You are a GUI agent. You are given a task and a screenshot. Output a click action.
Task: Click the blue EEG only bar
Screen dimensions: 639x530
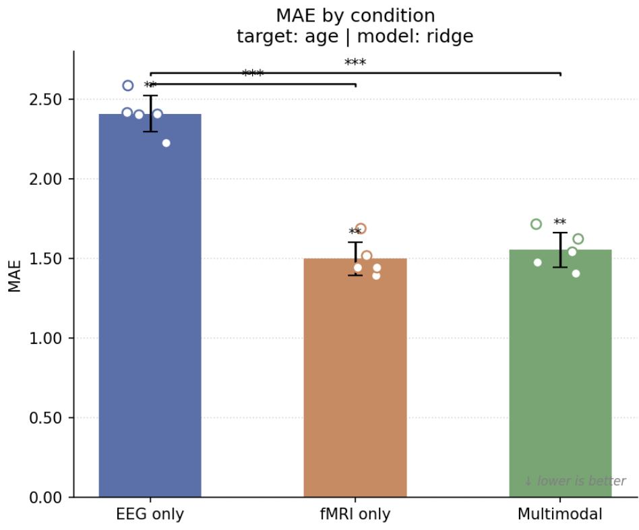150,305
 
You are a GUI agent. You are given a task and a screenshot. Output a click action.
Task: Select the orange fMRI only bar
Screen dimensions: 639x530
355,378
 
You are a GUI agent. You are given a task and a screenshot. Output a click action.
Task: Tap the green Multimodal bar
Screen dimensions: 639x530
560,373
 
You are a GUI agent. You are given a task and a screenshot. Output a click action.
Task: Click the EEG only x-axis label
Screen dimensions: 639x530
150,514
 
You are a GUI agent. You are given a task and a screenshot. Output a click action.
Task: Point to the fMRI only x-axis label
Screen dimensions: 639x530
355,514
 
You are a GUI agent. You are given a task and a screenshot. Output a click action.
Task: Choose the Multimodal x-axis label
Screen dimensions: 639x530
560,514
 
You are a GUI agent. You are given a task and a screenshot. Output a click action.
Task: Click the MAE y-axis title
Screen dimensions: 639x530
15,276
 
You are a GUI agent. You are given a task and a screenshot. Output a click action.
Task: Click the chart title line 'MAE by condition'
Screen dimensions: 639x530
355,16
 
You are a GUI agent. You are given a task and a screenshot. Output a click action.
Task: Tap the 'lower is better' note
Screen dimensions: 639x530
575,481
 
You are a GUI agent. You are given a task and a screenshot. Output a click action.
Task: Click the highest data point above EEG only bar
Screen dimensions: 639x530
128,85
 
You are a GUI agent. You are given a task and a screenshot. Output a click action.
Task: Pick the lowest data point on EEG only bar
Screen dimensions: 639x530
166,143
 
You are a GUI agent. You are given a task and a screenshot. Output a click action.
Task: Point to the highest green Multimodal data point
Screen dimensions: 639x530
537,224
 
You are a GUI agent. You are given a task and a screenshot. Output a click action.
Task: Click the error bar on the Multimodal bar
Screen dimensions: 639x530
560,250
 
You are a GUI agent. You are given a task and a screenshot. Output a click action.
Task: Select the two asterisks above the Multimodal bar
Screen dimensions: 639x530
560,223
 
